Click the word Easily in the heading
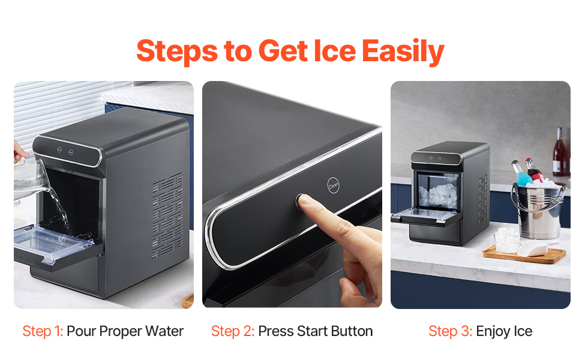(403, 51)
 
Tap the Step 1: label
(43, 331)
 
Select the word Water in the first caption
(164, 331)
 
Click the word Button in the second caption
(352, 331)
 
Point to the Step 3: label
(450, 331)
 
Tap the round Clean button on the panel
(333, 185)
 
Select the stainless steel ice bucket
(539, 209)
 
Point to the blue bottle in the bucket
(521, 173)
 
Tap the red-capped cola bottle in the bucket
(534, 170)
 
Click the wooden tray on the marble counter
(524, 256)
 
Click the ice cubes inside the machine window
(437, 196)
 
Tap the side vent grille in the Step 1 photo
(167, 216)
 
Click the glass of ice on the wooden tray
(506, 241)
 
